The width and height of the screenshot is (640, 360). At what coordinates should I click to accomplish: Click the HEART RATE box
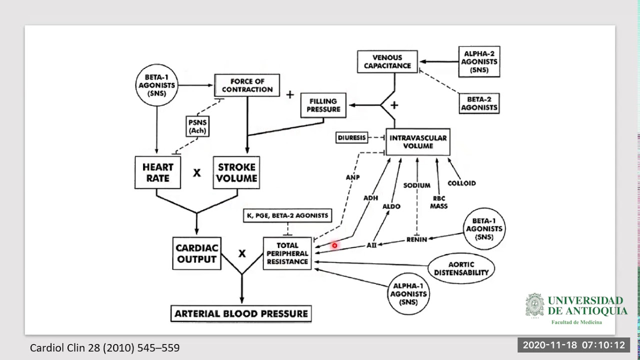pyautogui.click(x=157, y=172)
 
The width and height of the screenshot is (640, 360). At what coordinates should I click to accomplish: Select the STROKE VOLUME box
pyautogui.click(x=236, y=172)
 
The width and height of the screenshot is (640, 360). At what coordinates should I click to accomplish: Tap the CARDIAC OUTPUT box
pyautogui.click(x=196, y=253)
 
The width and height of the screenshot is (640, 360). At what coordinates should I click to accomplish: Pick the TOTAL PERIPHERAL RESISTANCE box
pyautogui.click(x=287, y=253)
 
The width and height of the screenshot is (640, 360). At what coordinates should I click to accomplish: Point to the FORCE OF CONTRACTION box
pyautogui.click(x=247, y=85)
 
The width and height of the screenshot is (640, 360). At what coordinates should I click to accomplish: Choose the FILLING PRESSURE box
pyautogui.click(x=323, y=105)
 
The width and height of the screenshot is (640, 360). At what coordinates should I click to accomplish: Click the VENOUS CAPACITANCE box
pyautogui.click(x=387, y=61)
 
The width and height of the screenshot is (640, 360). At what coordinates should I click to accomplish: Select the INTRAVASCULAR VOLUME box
pyautogui.click(x=418, y=142)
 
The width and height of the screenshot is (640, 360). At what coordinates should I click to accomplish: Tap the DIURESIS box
pyautogui.click(x=352, y=137)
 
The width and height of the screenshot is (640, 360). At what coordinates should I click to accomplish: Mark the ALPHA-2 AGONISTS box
pyautogui.click(x=480, y=62)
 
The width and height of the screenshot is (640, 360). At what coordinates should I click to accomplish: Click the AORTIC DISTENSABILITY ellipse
pyautogui.click(x=461, y=268)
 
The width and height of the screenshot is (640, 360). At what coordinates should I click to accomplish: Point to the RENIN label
pyautogui.click(x=416, y=239)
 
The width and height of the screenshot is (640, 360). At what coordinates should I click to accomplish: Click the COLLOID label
pyautogui.click(x=461, y=183)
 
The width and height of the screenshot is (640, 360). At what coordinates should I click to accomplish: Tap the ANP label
pyautogui.click(x=352, y=177)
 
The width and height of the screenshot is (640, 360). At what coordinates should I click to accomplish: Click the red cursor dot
pyautogui.click(x=334, y=245)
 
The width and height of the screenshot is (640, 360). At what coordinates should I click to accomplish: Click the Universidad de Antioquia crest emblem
pyautogui.click(x=534, y=305)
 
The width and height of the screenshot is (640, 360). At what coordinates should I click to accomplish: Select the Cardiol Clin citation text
pyautogui.click(x=104, y=347)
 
